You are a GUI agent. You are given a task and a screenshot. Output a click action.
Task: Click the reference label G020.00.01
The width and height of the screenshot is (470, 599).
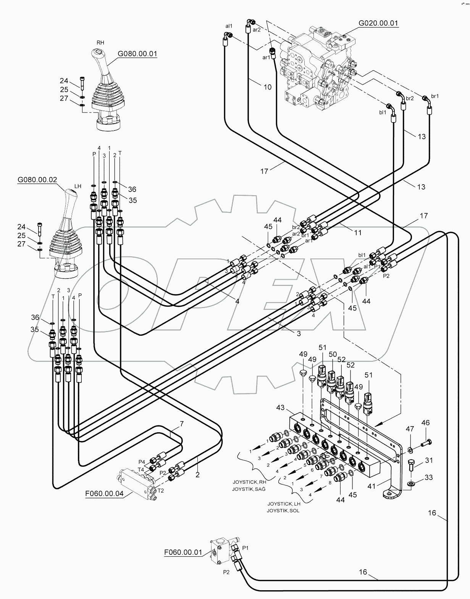(x=378, y=23)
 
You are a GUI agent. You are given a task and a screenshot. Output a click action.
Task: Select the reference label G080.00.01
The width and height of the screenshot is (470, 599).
(x=137, y=54)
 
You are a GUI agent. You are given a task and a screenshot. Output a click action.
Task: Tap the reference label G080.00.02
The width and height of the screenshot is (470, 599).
(x=37, y=179)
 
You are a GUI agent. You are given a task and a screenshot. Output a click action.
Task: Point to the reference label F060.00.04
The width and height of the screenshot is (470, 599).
(x=104, y=493)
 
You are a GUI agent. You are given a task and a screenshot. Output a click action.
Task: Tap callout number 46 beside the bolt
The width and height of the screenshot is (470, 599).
(x=425, y=423)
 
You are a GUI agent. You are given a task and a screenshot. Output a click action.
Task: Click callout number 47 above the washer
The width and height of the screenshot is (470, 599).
(x=410, y=429)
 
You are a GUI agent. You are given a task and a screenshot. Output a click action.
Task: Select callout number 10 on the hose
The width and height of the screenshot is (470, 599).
(x=268, y=87)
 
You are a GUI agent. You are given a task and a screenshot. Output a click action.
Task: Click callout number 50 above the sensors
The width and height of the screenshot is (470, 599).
(x=332, y=354)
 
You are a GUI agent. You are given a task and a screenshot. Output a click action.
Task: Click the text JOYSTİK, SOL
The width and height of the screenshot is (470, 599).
(x=283, y=510)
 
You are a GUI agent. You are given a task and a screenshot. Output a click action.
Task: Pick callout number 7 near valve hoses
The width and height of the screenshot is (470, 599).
(x=182, y=423)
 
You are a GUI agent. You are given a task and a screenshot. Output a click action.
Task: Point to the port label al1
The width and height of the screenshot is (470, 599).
(x=229, y=26)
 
